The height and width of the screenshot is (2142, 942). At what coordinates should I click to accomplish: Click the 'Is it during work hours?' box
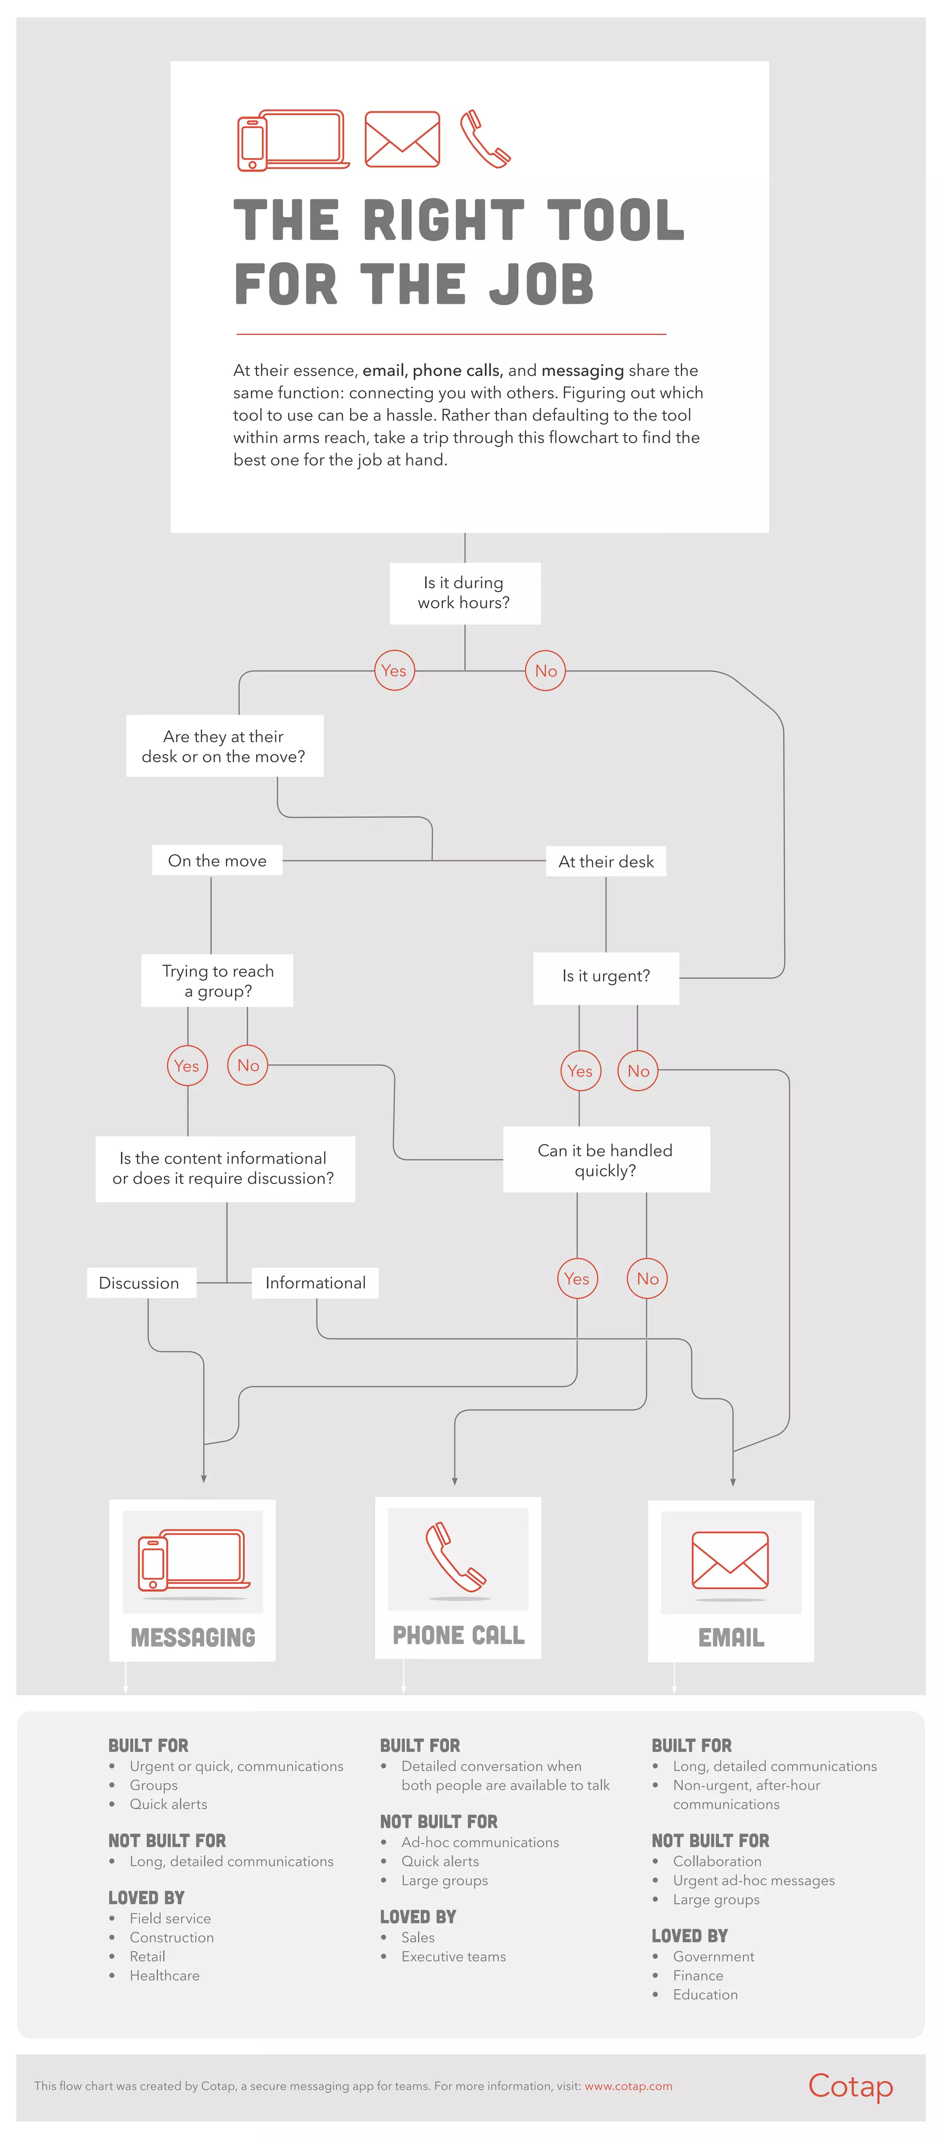pos(465,593)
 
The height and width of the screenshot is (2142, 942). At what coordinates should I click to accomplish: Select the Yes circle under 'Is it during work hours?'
pos(394,670)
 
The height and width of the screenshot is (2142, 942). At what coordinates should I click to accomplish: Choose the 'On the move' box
pos(217,860)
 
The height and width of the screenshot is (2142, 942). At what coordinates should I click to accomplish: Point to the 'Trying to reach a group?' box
pos(217,981)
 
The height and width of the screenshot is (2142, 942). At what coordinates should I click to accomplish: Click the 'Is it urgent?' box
pos(606,976)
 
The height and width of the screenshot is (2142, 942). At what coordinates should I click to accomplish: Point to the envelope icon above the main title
pos(402,139)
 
